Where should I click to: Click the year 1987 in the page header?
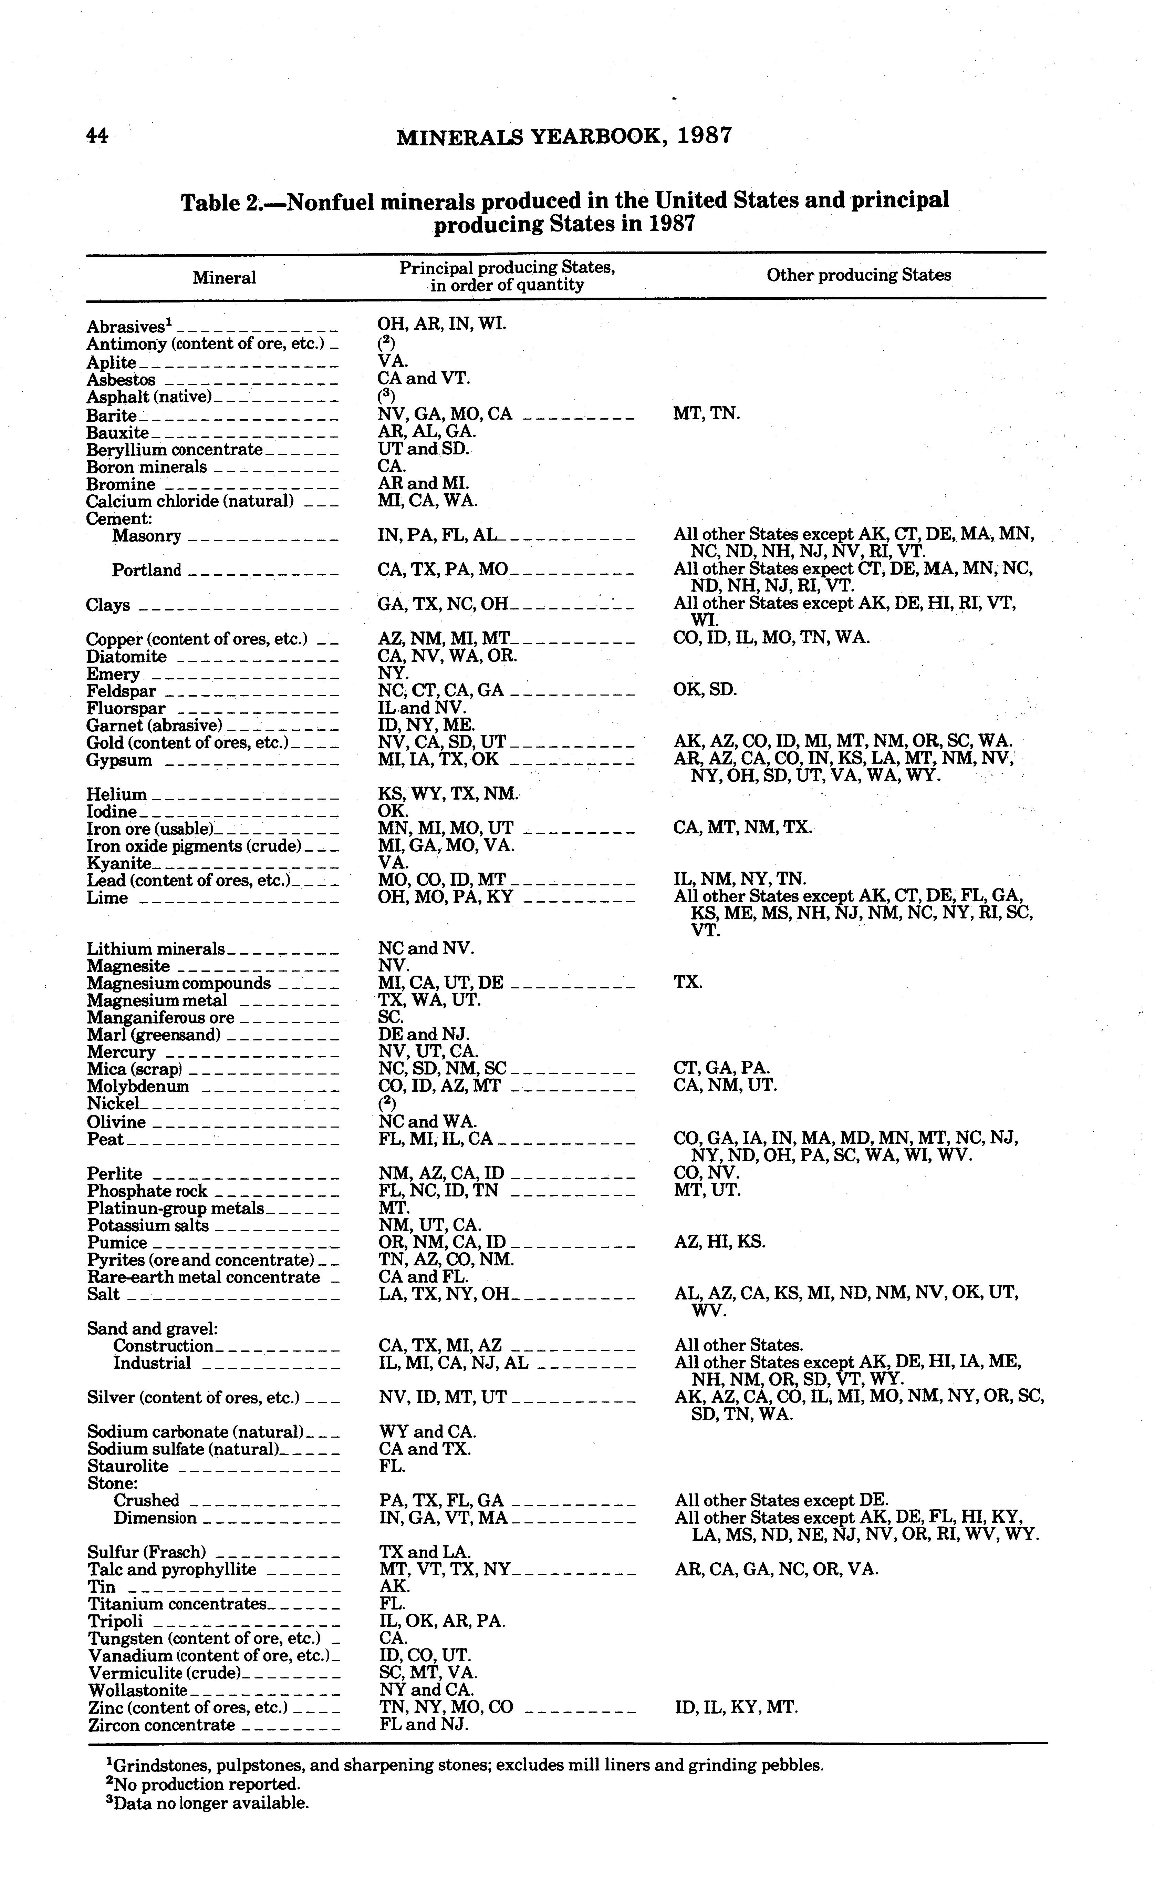pos(705,136)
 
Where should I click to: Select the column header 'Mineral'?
pos(224,277)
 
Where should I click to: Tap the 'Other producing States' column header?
pos(859,275)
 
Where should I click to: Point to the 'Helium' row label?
pos(116,794)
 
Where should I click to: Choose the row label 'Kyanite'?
pos(119,863)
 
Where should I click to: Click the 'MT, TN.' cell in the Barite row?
pos(707,414)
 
